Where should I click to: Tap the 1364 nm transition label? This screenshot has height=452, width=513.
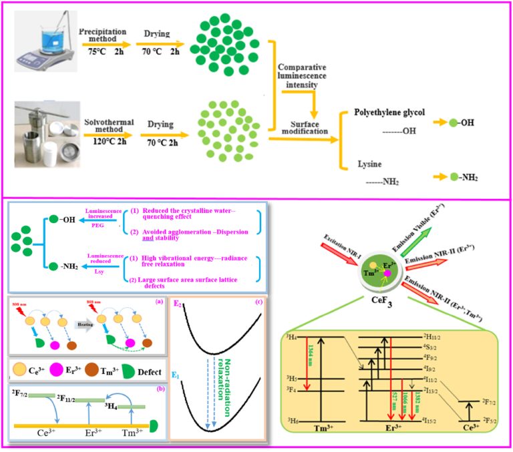[x=309, y=365]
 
